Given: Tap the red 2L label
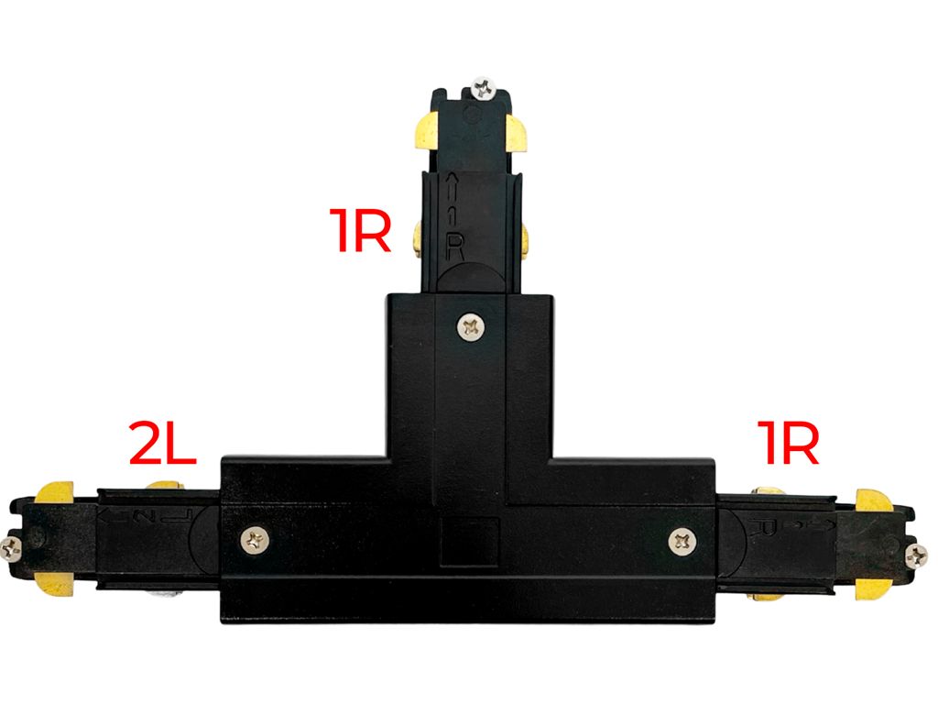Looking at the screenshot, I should pyautogui.click(x=162, y=445).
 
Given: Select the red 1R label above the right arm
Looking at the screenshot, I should pyautogui.click(x=787, y=444).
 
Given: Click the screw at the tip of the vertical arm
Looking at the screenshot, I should pyautogui.click(x=482, y=89).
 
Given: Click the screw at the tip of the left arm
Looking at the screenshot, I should pyautogui.click(x=12, y=549).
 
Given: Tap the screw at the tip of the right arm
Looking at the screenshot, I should pyautogui.click(x=915, y=554).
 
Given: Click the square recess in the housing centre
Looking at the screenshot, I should pyautogui.click(x=469, y=542).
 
